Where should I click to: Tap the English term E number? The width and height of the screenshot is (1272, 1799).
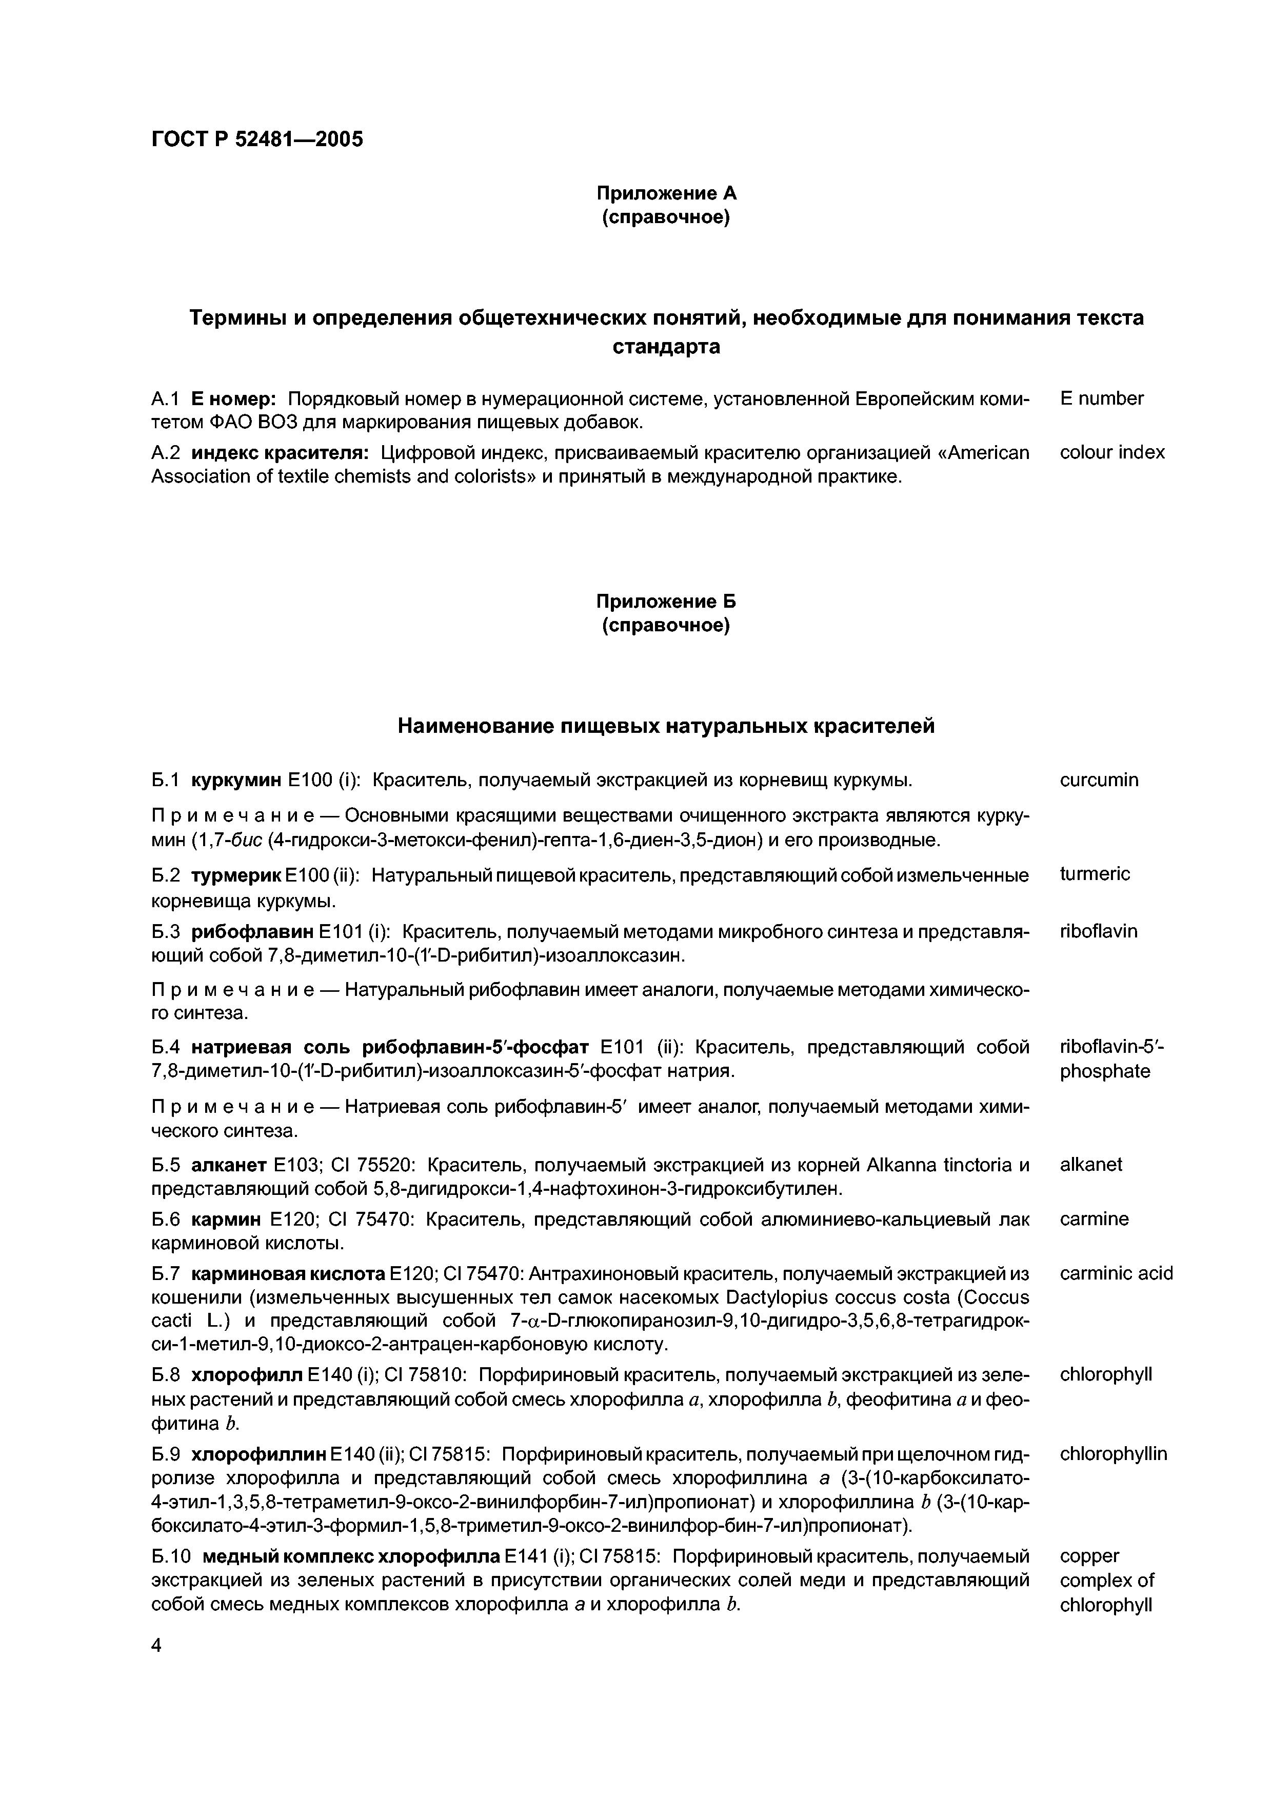coord(1101,398)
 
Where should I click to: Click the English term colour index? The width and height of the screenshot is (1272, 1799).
coord(1111,452)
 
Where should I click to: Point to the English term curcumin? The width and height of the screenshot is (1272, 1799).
coord(1099,779)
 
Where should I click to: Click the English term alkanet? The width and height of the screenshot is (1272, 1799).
coord(1090,1164)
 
